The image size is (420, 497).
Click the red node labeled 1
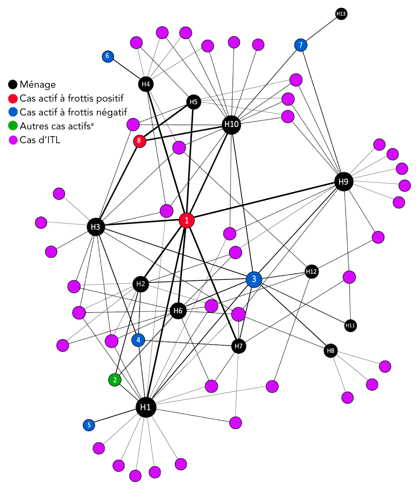(186, 221)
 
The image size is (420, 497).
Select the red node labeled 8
(139, 141)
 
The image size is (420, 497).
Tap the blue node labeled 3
(254, 279)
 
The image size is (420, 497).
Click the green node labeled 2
(114, 379)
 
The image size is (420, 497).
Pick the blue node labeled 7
(301, 45)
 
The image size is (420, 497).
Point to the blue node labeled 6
(108, 56)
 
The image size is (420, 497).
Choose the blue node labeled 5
(89, 425)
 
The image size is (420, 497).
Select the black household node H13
(341, 14)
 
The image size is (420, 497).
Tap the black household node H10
(231, 125)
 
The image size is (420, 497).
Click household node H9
(343, 182)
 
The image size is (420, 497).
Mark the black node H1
(146, 407)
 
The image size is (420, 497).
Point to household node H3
(96, 227)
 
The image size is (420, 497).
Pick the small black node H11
(350, 326)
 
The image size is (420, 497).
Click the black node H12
(312, 271)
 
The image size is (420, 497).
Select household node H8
(330, 351)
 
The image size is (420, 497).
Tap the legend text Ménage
(38, 85)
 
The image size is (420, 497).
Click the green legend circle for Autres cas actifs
(13, 126)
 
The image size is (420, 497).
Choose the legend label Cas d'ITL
(40, 139)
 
